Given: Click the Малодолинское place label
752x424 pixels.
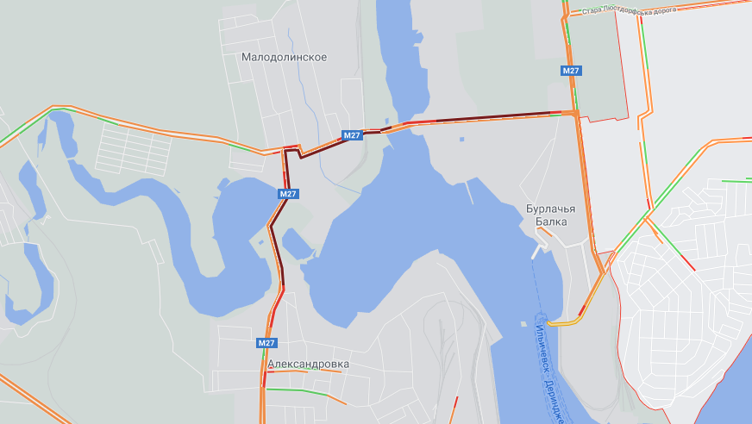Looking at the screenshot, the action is pyautogui.click(x=284, y=57).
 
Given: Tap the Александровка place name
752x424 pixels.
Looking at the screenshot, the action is pyautogui.click(x=308, y=364).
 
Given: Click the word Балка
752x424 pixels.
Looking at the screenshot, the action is pyautogui.click(x=551, y=221).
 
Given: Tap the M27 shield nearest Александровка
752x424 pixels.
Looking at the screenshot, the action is pyautogui.click(x=266, y=343).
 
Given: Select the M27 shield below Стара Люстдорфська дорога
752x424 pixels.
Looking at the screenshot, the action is pyautogui.click(x=570, y=71).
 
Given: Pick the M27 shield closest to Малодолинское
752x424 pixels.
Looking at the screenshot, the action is pyautogui.click(x=351, y=135).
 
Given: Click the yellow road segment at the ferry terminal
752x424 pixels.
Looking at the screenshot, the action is pyautogui.click(x=563, y=323).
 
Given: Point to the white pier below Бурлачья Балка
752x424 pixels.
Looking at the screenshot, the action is pyautogui.click(x=540, y=253).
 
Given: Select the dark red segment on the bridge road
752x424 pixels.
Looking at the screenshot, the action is pyautogui.click(x=483, y=116).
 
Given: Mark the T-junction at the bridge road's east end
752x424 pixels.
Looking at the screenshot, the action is pyautogui.click(x=574, y=113).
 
